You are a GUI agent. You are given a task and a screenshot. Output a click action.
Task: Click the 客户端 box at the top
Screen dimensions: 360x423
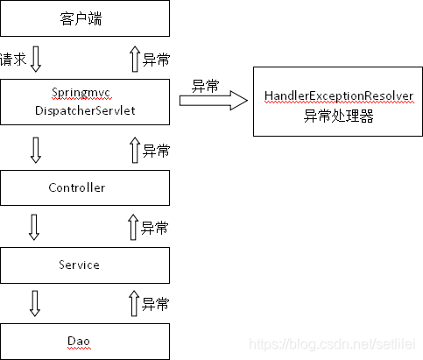84,18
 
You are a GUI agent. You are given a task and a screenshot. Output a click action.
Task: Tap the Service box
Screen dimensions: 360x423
84,265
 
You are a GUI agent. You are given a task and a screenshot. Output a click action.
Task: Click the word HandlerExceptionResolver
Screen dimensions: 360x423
338,95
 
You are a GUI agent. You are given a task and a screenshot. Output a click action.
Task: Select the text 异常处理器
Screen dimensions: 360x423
338,116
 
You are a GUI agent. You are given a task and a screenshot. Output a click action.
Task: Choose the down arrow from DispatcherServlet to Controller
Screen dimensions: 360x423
35,149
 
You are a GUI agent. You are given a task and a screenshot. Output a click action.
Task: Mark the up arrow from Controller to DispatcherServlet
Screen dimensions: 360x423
134,150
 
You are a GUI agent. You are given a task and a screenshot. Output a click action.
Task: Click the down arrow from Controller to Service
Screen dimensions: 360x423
35,227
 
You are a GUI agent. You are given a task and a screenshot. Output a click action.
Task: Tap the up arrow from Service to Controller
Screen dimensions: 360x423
134,228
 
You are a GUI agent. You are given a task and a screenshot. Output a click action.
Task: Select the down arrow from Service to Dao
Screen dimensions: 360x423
35,303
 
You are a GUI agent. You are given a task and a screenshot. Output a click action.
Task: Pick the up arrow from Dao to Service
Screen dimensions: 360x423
134,304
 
